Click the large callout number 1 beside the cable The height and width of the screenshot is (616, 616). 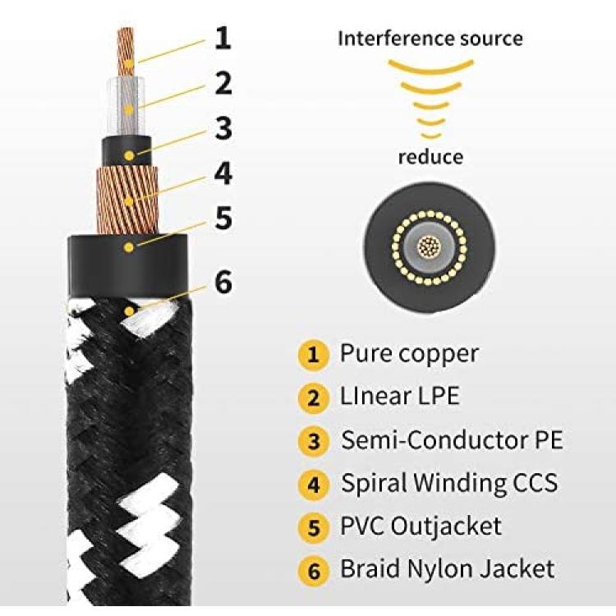click(223, 38)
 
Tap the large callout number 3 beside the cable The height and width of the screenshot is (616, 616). click(223, 128)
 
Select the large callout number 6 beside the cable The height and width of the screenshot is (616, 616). click(223, 282)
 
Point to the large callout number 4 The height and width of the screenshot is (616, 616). click(223, 173)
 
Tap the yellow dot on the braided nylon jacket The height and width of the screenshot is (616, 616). click(129, 312)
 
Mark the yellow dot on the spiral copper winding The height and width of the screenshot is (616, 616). click(129, 202)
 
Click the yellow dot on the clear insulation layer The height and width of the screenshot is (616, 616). click(128, 110)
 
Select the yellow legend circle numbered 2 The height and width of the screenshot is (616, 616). click(313, 398)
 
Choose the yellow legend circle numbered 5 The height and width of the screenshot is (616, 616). click(313, 527)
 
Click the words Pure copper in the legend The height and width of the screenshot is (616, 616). click(409, 354)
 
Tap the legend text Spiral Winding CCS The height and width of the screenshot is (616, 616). click(449, 483)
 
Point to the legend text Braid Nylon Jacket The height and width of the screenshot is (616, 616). click(447, 569)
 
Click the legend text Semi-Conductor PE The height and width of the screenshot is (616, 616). click(452, 439)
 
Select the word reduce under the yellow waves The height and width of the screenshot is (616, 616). click(430, 157)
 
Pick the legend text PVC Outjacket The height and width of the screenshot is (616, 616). click(421, 526)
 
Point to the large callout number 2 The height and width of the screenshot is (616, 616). click(223, 83)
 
